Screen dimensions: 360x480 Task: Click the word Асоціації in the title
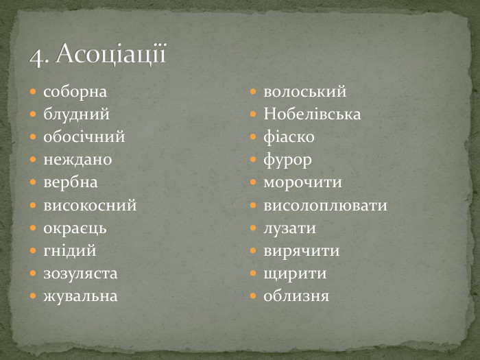pos(111,53)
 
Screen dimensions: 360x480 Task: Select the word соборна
pos(75,91)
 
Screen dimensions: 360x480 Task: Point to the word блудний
pos(76,114)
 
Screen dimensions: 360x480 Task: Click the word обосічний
pos(84,136)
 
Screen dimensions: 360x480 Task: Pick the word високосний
pos(90,205)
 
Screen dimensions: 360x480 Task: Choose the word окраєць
pos(75,228)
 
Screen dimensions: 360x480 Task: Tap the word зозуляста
pos(80,274)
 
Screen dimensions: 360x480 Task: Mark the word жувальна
pos(80,296)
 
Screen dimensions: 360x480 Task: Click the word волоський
pos(305,91)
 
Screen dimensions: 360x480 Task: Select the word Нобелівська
pos(312,114)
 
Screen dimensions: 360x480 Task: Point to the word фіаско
pos(289,136)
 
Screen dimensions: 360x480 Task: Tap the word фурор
pos(287,160)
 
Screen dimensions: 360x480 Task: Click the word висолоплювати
pos(325,205)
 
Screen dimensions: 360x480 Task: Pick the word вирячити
pos(301,251)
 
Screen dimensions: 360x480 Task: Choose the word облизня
pos(296,296)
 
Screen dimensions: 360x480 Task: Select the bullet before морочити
pos(253,183)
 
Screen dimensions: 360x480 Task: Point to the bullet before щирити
pos(253,274)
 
